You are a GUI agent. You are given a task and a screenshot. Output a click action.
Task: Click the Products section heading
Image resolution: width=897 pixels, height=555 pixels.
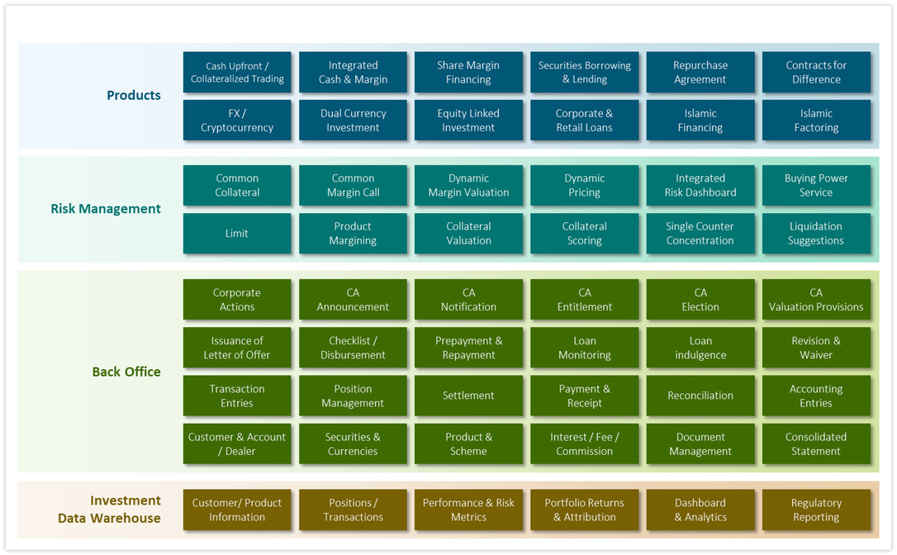click(x=134, y=95)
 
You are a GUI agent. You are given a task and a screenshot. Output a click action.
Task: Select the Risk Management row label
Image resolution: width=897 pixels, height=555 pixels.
click(x=106, y=209)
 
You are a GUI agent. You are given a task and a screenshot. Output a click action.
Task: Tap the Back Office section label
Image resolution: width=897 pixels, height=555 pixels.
click(x=126, y=372)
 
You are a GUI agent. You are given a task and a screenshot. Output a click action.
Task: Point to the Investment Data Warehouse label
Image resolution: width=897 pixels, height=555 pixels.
click(x=109, y=510)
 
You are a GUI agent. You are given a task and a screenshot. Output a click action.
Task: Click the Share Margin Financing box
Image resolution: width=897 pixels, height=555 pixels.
click(x=468, y=72)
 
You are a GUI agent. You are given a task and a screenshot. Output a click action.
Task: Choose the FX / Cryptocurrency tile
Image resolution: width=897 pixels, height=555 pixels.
click(x=237, y=120)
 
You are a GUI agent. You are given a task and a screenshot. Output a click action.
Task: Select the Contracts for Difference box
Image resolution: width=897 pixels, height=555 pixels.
click(x=816, y=72)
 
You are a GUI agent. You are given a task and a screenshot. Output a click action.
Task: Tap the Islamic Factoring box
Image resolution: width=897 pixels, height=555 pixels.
click(x=816, y=120)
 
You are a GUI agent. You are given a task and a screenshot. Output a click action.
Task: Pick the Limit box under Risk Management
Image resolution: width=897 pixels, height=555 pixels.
click(x=237, y=234)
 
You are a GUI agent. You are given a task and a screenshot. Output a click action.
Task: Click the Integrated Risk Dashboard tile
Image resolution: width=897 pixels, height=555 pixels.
click(x=700, y=185)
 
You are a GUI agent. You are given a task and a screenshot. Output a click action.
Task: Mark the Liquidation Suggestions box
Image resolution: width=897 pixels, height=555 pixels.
click(x=816, y=234)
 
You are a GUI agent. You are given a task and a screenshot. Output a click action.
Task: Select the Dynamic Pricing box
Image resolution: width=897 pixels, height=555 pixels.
click(x=584, y=185)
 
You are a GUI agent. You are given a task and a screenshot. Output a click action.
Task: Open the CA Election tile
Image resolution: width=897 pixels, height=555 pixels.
click(x=700, y=299)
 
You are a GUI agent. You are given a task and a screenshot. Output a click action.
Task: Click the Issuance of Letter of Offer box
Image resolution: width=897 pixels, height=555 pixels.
click(x=237, y=348)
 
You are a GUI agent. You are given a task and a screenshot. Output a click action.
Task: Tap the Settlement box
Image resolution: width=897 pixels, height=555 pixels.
click(x=468, y=396)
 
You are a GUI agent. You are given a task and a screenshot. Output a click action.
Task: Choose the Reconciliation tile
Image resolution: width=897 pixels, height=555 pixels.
click(x=700, y=396)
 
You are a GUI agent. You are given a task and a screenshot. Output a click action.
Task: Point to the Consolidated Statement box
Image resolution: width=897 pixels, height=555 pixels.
click(x=816, y=444)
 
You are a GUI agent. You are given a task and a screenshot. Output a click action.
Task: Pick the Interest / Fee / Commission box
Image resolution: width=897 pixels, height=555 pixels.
click(x=584, y=444)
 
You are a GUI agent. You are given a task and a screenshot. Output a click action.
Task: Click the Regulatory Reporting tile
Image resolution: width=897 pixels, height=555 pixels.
click(x=816, y=510)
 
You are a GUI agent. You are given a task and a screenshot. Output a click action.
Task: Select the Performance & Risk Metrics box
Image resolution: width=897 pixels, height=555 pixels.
click(x=468, y=510)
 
